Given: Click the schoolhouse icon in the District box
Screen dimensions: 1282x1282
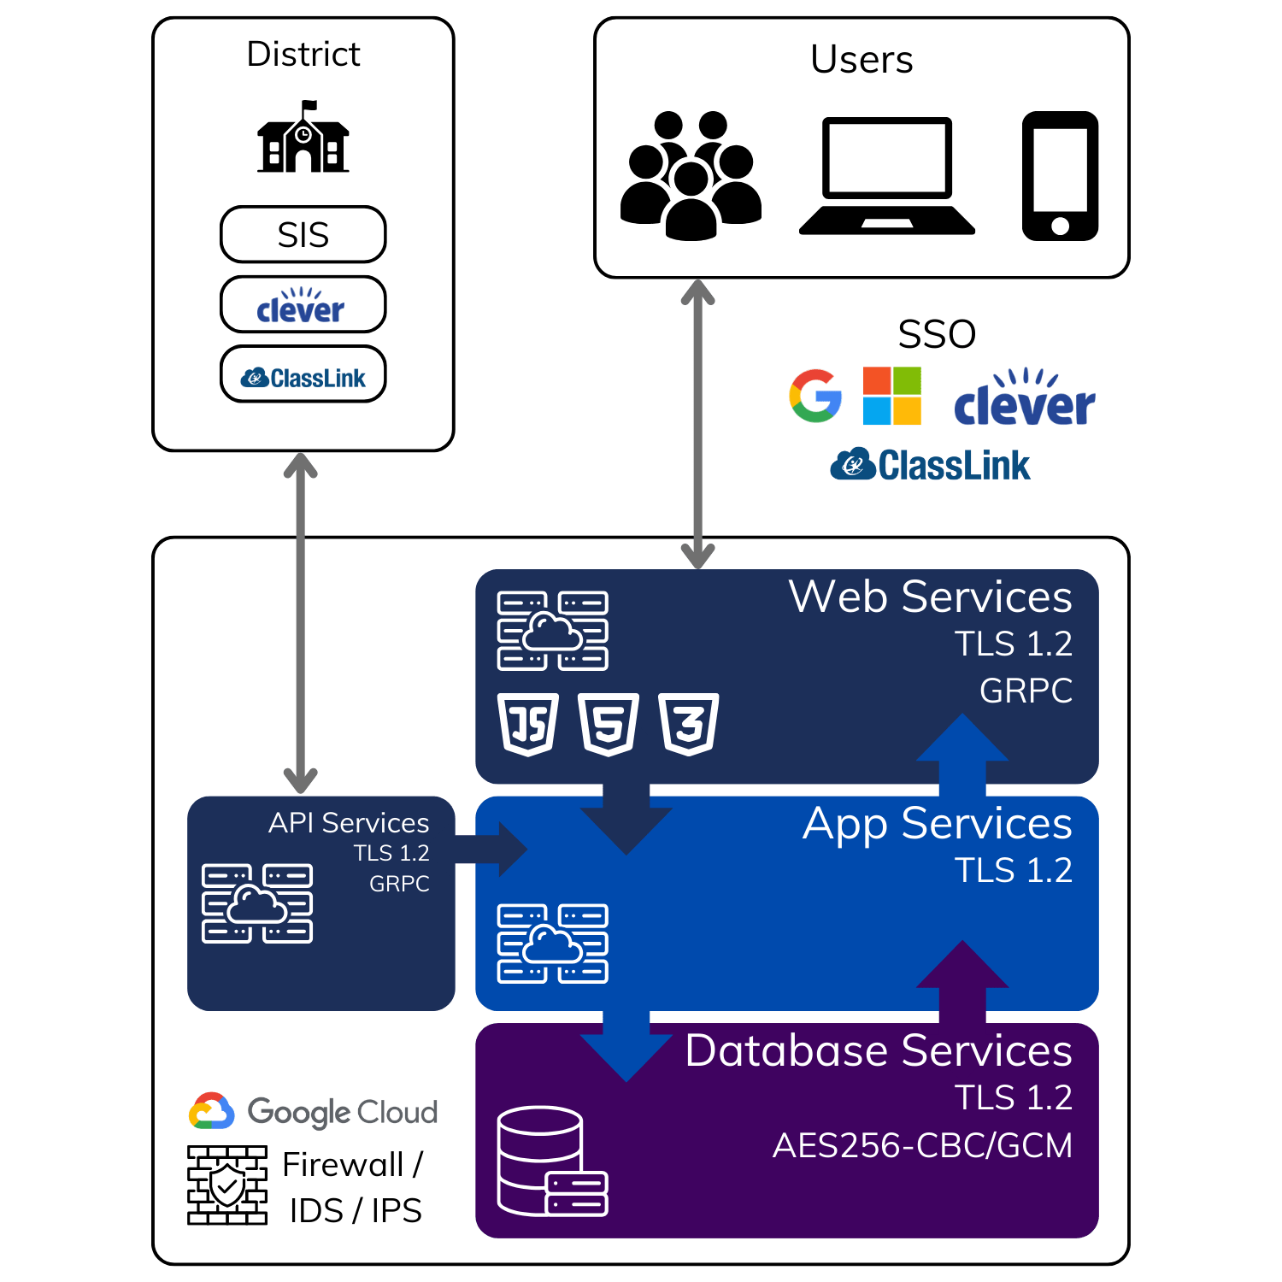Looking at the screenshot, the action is click(303, 137).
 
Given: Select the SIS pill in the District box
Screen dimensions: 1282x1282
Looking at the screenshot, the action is click(303, 234).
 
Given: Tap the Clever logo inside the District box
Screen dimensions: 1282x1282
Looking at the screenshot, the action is click(301, 305).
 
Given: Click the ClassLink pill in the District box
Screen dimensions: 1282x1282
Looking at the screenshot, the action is click(303, 373).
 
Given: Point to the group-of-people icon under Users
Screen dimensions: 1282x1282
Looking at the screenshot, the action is click(691, 175).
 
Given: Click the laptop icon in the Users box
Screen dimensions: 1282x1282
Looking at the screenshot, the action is click(887, 175).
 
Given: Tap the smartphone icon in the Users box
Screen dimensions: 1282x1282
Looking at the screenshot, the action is click(1061, 175).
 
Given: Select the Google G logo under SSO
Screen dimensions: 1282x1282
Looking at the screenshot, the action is click(815, 396).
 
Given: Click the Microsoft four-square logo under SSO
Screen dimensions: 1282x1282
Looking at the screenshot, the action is click(892, 396).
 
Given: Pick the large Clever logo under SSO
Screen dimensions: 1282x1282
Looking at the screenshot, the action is click(1025, 397).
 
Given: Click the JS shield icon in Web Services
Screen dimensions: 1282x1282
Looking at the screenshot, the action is click(528, 725).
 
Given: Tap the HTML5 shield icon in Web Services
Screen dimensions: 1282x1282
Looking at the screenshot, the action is click(609, 725).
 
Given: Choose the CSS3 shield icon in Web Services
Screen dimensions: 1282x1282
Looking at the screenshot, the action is click(689, 725).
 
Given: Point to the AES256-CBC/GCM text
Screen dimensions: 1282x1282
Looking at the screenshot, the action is click(922, 1145).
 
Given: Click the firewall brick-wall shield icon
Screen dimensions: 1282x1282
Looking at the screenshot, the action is click(227, 1185).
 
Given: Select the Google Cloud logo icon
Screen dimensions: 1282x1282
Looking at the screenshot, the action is click(212, 1111).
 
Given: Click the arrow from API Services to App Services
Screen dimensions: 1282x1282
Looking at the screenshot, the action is click(491, 850).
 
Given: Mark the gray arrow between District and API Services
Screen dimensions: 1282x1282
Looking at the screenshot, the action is click(301, 623).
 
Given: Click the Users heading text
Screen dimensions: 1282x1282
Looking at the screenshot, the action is click(862, 60).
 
